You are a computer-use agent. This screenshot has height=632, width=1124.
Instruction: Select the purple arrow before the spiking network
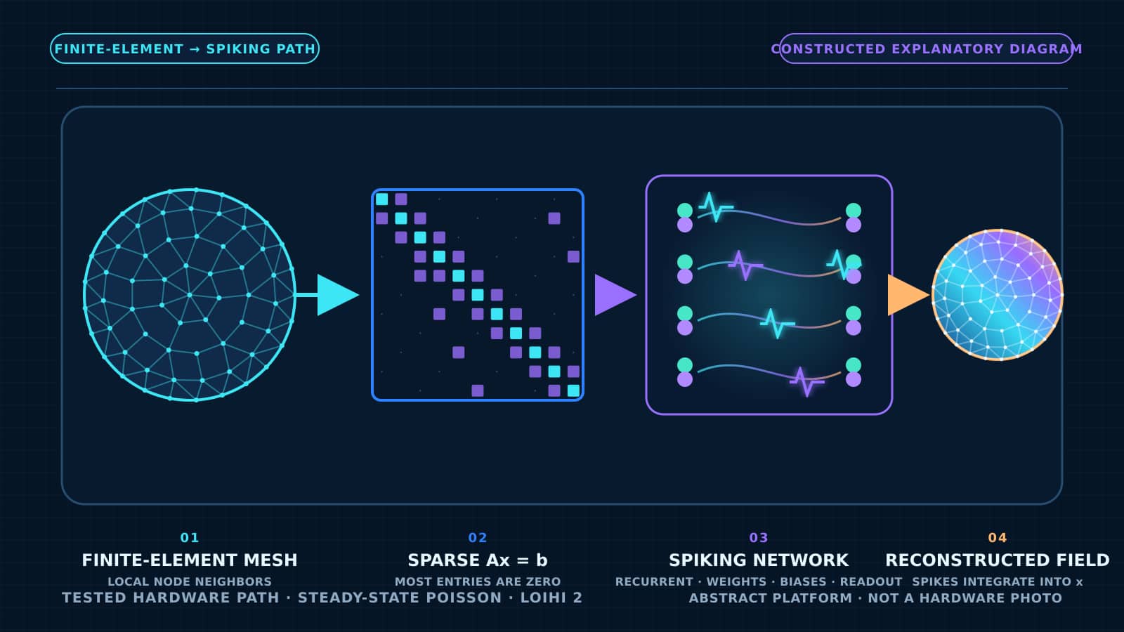point(615,295)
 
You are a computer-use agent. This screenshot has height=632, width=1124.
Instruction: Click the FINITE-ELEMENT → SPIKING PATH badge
point(185,48)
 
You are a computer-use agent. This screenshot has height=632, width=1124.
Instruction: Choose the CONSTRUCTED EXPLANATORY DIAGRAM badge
point(927,48)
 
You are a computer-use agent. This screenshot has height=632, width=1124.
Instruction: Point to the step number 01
point(190,538)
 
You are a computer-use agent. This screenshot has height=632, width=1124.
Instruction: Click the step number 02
point(478,538)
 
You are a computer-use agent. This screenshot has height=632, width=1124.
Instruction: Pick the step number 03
point(759,538)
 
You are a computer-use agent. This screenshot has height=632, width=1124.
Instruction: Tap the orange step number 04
point(998,538)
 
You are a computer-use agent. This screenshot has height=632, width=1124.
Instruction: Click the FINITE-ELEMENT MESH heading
point(190,560)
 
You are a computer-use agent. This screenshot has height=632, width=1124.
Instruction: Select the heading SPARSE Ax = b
point(478,560)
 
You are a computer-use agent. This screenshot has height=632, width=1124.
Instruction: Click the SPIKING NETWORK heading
point(759,560)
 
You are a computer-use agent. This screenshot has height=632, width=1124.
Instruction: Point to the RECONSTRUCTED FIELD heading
point(998,560)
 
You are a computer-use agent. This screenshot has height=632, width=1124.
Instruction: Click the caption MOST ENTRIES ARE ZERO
point(478,581)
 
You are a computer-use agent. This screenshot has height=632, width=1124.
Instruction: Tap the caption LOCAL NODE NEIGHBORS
point(190,581)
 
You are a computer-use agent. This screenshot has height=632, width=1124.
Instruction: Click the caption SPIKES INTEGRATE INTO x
point(998,581)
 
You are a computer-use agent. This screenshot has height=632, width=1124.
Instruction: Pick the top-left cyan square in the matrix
point(382,199)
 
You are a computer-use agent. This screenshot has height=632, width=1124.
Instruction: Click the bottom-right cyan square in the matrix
point(573,390)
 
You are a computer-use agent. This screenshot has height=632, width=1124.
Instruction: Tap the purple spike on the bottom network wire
point(806,382)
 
